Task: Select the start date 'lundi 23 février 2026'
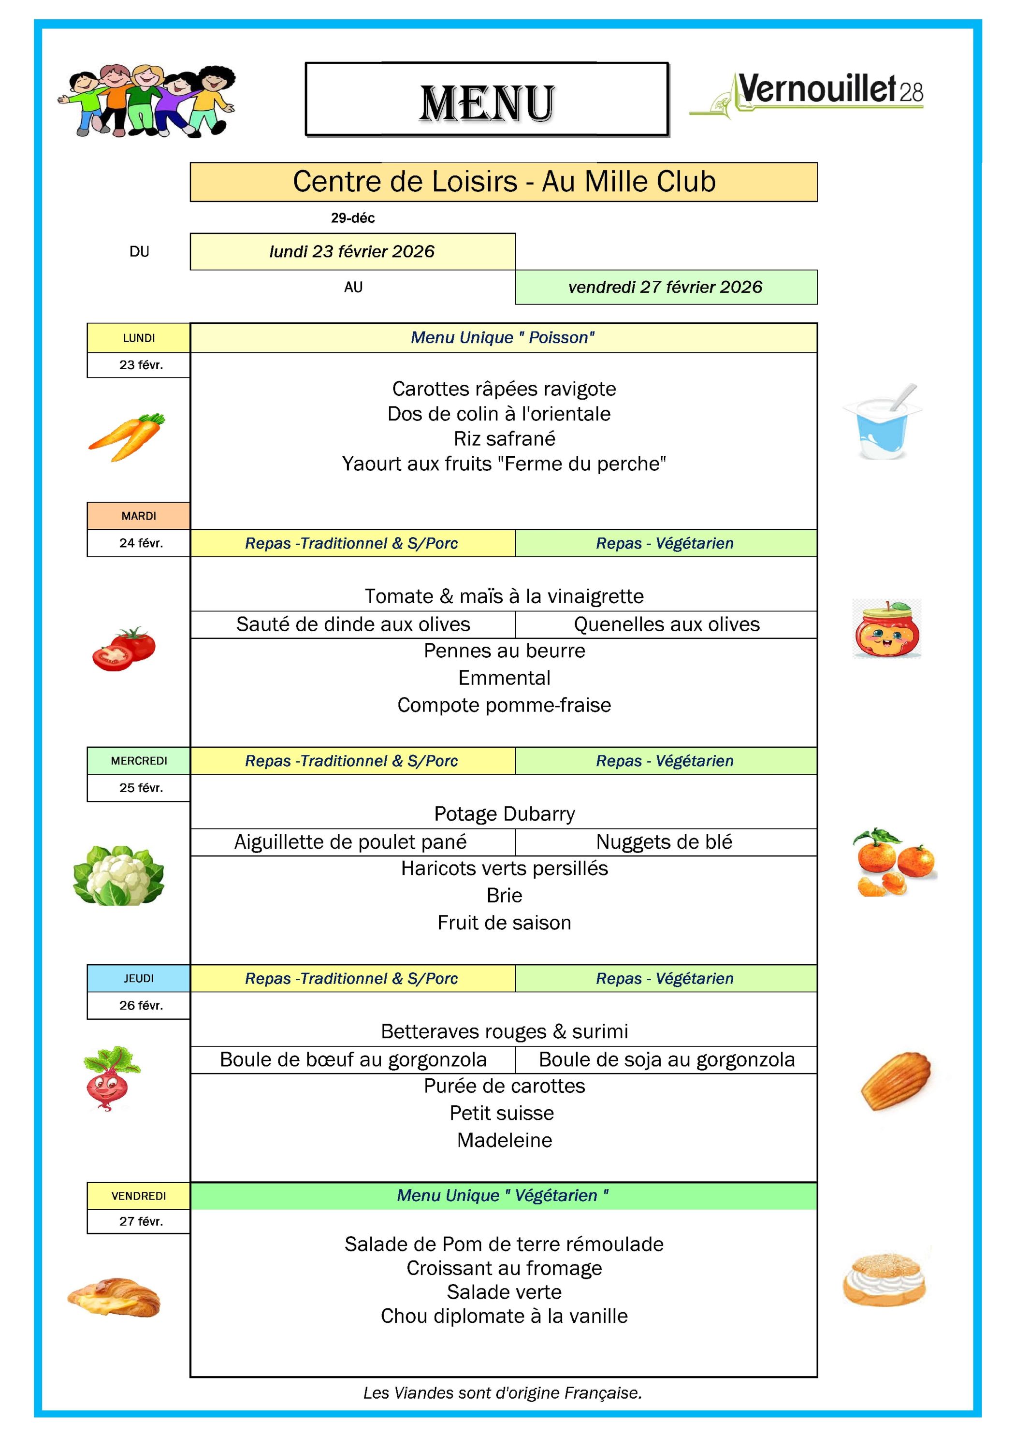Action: click(x=352, y=251)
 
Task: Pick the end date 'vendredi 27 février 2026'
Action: click(x=665, y=287)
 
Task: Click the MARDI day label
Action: click(x=138, y=516)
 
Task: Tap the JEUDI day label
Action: click(x=138, y=978)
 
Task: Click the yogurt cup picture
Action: click(x=883, y=422)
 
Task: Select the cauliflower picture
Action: click(x=119, y=875)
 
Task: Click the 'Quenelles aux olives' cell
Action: click(x=666, y=624)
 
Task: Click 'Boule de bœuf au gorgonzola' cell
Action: click(x=353, y=1059)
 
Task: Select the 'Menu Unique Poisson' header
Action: click(x=503, y=337)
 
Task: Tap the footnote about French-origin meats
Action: click(x=503, y=1392)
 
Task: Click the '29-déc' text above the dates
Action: click(x=352, y=218)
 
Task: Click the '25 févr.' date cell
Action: click(x=141, y=788)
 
